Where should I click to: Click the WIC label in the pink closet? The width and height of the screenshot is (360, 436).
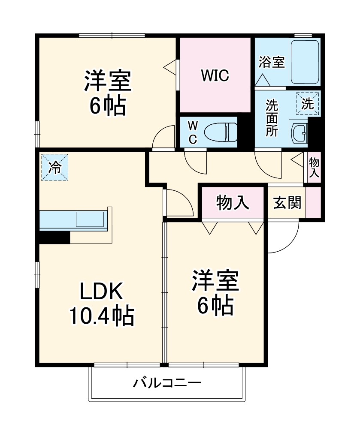tap(215, 75)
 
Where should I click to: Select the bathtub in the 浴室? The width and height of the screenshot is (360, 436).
tap(305, 62)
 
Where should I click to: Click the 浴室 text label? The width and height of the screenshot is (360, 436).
tap(272, 62)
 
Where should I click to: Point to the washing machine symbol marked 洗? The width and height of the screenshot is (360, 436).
tap(308, 104)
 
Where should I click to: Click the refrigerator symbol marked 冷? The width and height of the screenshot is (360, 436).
tap(54, 167)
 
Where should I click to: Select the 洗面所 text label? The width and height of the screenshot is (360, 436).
tap(271, 118)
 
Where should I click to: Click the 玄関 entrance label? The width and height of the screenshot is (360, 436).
tap(287, 202)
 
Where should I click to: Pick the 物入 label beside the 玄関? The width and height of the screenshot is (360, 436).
tap(233, 202)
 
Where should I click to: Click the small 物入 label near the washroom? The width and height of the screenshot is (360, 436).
tap(314, 168)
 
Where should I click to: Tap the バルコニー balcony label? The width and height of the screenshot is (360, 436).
tap(166, 382)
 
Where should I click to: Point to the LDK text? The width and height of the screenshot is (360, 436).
tap(101, 292)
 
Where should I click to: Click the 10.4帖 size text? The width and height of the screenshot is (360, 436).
tap(101, 317)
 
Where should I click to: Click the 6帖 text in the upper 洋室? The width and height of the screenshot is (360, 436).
tap(107, 106)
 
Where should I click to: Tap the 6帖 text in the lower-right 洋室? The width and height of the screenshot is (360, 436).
tap(215, 305)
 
